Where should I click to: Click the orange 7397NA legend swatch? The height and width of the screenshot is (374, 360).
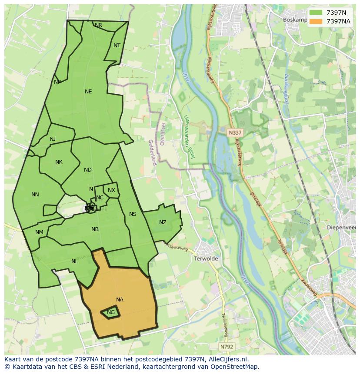point(316,21)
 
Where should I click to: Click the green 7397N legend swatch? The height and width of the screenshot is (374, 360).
point(316,12)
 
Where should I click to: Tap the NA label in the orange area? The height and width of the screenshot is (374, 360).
point(120,300)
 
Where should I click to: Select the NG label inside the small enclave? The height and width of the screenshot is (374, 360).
point(111,312)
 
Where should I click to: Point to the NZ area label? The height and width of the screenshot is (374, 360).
point(163,222)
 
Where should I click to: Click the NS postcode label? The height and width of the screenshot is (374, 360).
point(133,214)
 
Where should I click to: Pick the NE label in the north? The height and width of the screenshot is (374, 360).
point(88,92)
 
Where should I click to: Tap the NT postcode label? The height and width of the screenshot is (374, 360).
point(117,46)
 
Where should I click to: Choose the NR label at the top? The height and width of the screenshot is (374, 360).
point(99,25)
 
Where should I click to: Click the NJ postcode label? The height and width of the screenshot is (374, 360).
point(53,139)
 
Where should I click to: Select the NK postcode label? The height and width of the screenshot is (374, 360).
point(59,162)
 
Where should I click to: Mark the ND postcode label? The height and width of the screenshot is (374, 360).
point(88,170)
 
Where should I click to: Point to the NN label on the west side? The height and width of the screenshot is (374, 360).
point(35,195)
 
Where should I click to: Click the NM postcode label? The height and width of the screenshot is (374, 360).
point(39,232)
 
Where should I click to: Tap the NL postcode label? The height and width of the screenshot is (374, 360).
point(75,261)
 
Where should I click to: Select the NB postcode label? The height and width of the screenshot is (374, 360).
point(95,229)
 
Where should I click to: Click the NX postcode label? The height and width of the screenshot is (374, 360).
point(111,190)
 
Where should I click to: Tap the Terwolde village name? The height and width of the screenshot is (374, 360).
point(207,258)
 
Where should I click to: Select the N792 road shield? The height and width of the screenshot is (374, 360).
point(226,347)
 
